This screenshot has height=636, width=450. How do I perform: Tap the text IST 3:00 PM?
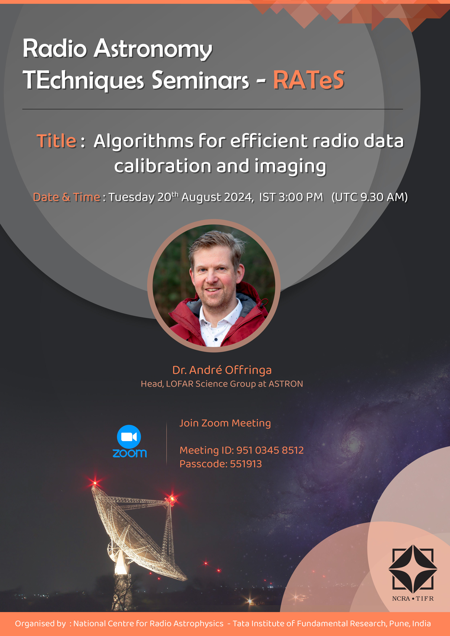click(x=291, y=197)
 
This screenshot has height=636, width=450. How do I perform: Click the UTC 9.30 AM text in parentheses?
click(x=370, y=197)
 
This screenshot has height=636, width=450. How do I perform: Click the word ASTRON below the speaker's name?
click(x=286, y=384)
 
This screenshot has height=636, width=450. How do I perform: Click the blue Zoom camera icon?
click(x=129, y=437)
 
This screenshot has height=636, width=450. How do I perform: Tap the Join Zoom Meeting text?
click(x=225, y=423)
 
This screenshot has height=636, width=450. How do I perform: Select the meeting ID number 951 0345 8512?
click(x=270, y=450)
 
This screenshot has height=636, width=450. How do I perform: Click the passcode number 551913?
click(x=246, y=464)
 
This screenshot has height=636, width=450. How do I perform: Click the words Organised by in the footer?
click(x=40, y=623)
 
